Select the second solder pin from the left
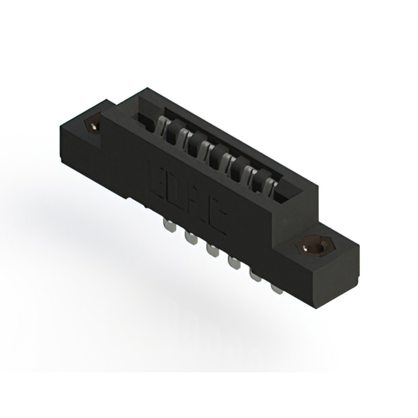191,237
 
